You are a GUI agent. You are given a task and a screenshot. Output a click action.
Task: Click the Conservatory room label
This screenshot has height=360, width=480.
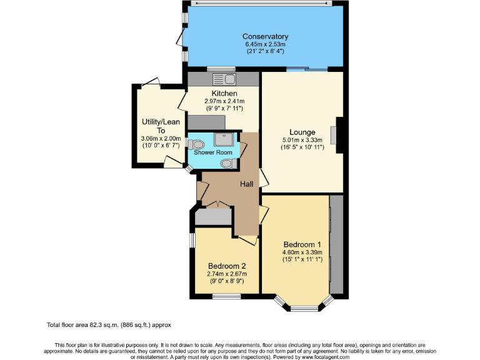pyautogui.click(x=265, y=36)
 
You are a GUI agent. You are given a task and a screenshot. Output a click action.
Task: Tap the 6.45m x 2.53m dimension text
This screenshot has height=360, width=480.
pyautogui.click(x=265, y=44)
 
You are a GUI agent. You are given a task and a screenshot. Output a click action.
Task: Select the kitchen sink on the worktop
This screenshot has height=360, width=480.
pyautogui.click(x=224, y=79)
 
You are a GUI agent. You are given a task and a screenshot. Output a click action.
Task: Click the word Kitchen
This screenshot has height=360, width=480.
pyautogui.click(x=224, y=93)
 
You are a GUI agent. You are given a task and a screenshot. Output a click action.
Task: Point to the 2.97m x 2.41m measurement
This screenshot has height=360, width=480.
pyautogui.click(x=224, y=101)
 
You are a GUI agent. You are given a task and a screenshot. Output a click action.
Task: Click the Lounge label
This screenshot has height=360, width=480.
pyautogui.click(x=302, y=131)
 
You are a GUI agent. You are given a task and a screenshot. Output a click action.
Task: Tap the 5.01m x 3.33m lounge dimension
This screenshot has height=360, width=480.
pyautogui.click(x=302, y=140)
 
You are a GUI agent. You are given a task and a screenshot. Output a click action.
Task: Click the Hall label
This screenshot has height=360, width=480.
pyautogui.click(x=246, y=184)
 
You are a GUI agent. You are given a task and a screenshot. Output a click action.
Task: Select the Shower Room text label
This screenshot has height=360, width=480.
pyautogui.click(x=212, y=152)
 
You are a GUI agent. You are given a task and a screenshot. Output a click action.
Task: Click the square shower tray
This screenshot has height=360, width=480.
pyautogui.click(x=223, y=139)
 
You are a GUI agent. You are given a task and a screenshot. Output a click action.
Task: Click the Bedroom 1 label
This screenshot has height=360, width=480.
pyautogui.click(x=302, y=244)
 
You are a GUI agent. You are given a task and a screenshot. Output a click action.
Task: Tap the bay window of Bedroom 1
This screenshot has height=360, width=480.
pyautogui.click(x=303, y=306)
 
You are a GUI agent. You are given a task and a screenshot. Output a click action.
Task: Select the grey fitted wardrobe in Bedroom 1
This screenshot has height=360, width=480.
pyautogui.click(x=336, y=244)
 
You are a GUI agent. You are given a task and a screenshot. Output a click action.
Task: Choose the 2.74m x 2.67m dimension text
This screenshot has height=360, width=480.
pyautogui.click(x=227, y=273)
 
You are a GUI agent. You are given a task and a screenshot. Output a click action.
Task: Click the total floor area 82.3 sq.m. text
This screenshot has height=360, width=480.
pyautogui.click(x=109, y=325)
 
